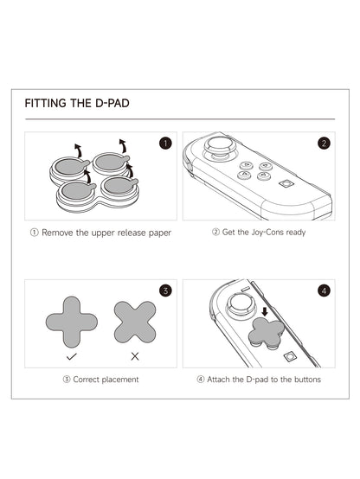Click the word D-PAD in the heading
coord(111,103)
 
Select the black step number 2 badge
coord(324,144)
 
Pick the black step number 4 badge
coord(324,291)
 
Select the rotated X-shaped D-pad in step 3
coord(134,322)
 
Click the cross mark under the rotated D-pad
coord(134,355)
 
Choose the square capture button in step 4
coord(292,357)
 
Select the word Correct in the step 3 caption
coord(88,380)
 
